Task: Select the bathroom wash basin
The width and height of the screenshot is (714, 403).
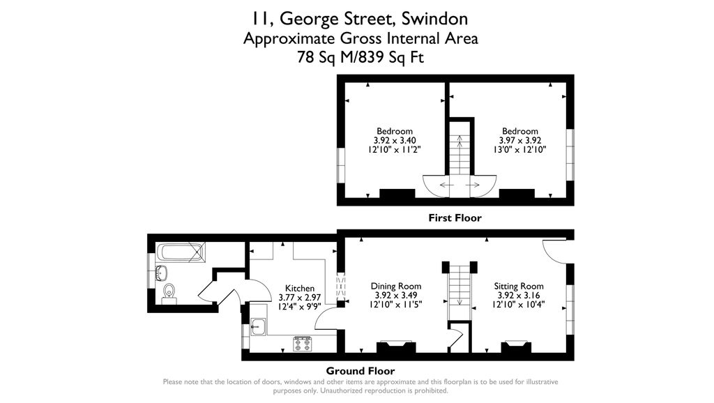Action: click(x=161, y=271)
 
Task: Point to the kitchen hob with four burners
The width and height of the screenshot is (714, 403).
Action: click(x=303, y=343)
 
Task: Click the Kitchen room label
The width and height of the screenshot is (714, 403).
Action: click(x=300, y=288)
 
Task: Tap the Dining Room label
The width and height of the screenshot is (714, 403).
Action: click(x=396, y=286)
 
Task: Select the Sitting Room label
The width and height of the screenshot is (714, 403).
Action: click(x=519, y=286)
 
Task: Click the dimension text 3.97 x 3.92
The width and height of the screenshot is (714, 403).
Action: click(x=520, y=140)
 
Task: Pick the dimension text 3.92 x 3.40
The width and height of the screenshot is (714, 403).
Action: click(x=395, y=140)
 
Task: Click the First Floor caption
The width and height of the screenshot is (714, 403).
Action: click(x=455, y=218)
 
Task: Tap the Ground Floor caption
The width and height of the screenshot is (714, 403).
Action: click(x=360, y=371)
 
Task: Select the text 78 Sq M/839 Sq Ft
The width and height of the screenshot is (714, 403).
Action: click(x=360, y=59)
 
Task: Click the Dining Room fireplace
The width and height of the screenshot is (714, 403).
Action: click(x=395, y=346)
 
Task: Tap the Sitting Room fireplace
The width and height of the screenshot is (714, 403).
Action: click(x=517, y=346)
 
